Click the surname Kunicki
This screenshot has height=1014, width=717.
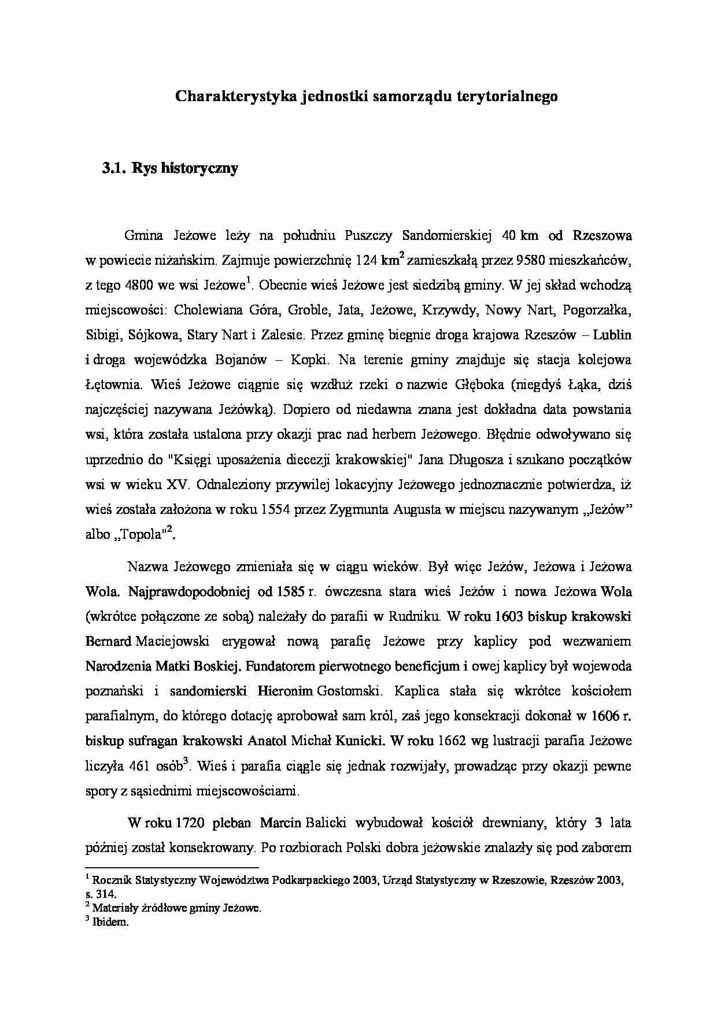pyautogui.click(x=361, y=741)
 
